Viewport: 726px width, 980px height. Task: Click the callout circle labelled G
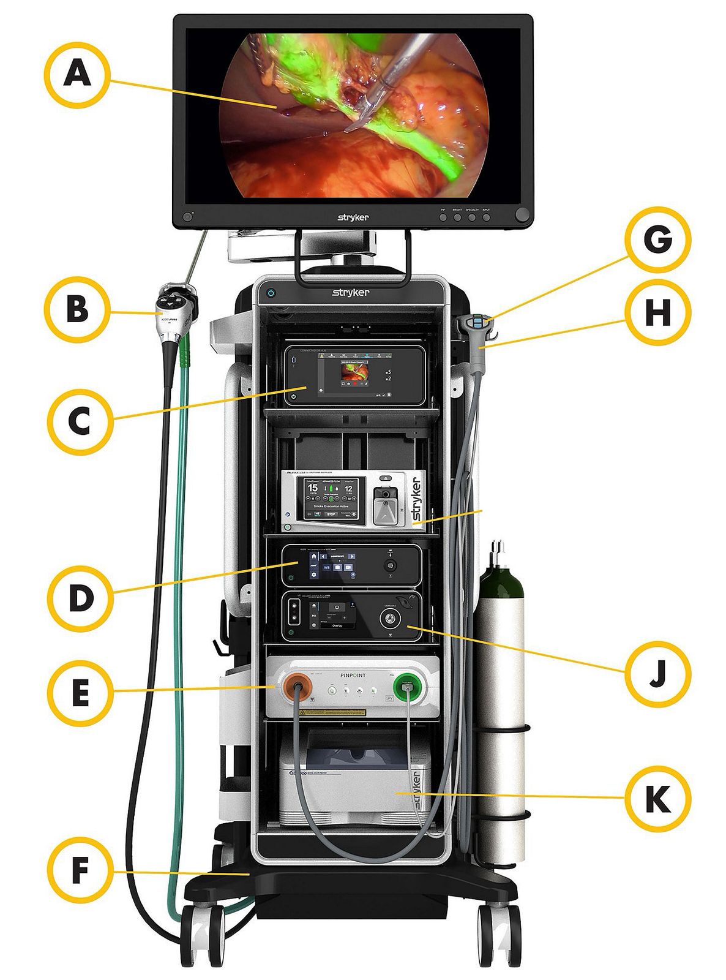(657, 239)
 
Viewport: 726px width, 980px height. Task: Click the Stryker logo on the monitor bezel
(353, 217)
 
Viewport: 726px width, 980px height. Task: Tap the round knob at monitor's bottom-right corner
(522, 216)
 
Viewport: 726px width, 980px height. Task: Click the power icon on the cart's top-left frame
(272, 294)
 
